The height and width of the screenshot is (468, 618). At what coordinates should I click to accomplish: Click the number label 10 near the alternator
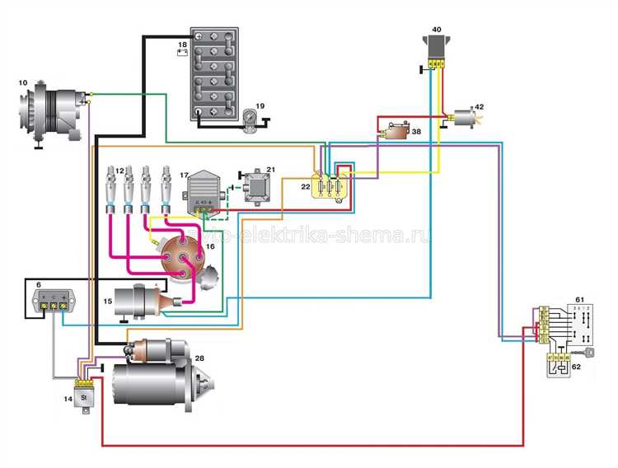point(22,82)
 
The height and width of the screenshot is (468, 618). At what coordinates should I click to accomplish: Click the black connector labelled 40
point(437,48)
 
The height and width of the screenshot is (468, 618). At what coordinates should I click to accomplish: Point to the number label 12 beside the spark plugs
point(119,171)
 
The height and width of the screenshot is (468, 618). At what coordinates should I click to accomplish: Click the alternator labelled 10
point(54,111)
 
